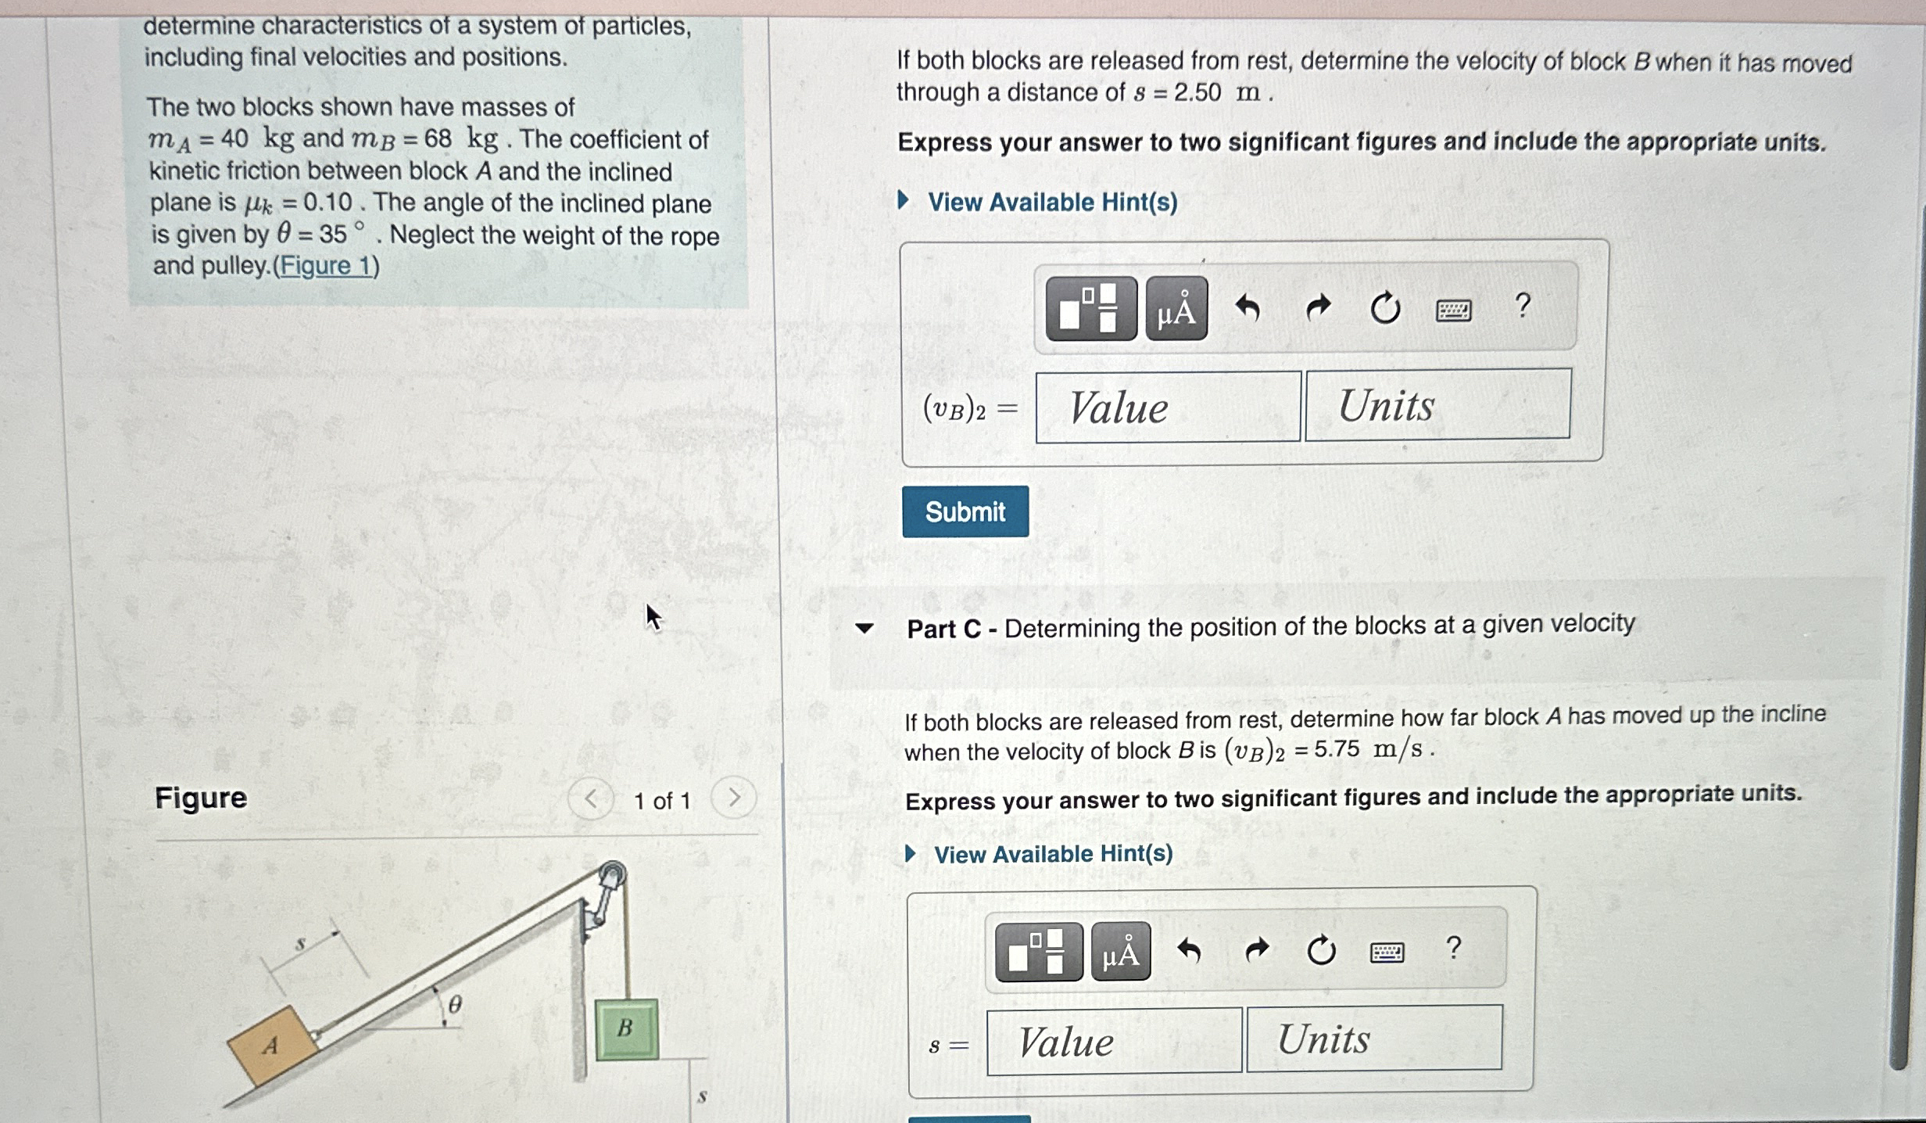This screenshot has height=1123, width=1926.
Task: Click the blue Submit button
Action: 965,511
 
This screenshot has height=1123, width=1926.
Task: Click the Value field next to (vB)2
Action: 1168,407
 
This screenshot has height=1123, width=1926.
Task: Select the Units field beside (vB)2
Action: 1437,405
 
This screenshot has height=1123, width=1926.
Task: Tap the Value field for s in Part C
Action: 1113,1042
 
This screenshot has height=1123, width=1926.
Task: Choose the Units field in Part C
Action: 1373,1039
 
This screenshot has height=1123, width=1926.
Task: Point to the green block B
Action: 625,1028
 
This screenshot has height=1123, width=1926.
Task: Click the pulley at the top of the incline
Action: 612,875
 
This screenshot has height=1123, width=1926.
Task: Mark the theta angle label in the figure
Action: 455,1003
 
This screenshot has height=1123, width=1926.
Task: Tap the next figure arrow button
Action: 733,798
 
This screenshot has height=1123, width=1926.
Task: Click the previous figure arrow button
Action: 591,799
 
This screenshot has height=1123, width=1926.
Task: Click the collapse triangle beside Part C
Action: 864,628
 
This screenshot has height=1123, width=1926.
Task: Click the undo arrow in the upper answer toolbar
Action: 1248,309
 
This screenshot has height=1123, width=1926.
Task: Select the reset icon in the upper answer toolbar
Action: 1385,308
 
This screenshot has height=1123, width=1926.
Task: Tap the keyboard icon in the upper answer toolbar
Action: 1453,310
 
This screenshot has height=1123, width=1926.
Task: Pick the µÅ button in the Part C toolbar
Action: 1120,952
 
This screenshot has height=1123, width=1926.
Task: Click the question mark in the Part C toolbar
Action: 1453,948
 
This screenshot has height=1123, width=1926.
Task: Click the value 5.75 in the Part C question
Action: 1337,749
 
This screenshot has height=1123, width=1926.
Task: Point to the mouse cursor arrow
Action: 653,617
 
